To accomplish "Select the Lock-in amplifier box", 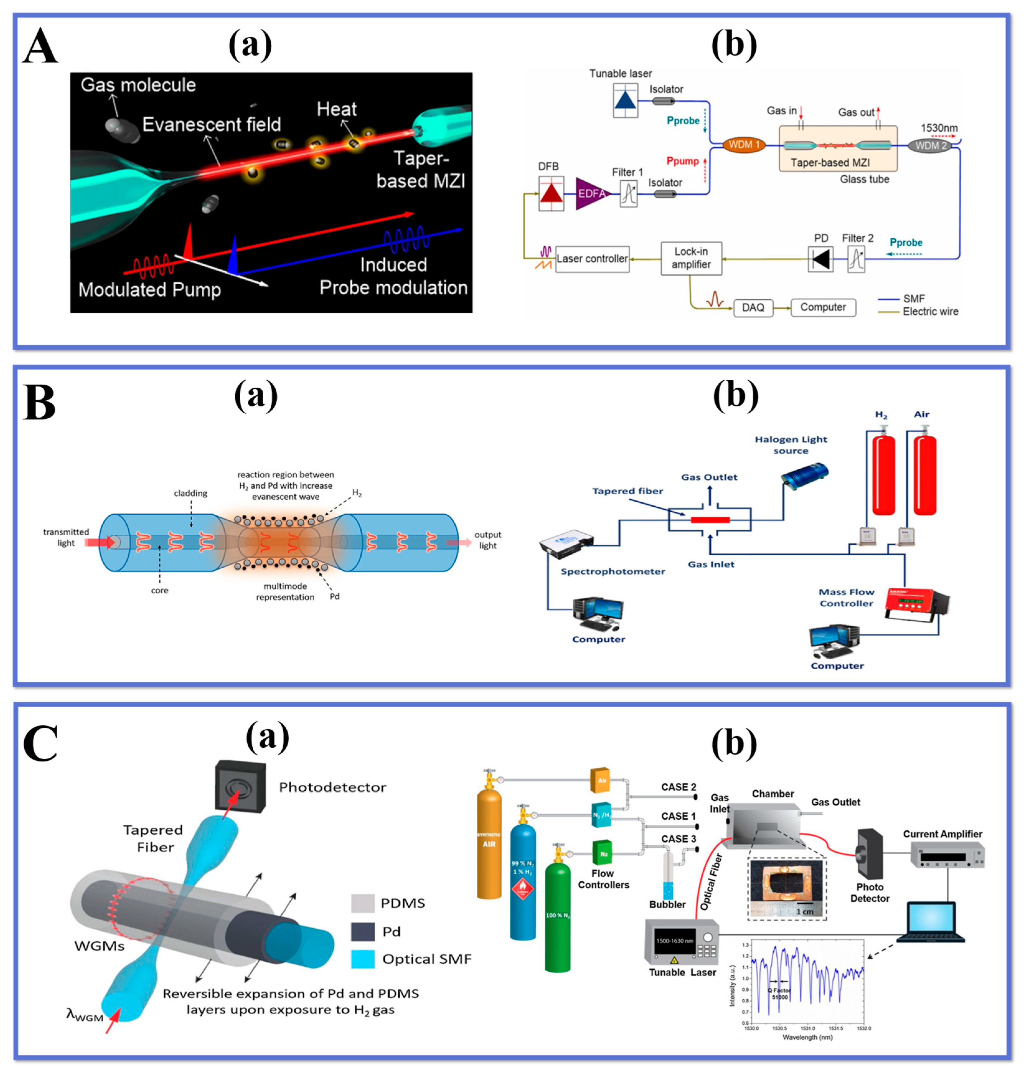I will pyautogui.click(x=691, y=258).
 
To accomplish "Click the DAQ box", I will pyautogui.click(x=753, y=307).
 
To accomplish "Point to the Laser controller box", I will pyautogui.click(x=592, y=258).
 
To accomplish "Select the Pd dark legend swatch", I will pyautogui.click(x=362, y=931).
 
